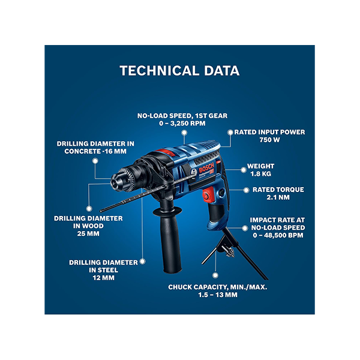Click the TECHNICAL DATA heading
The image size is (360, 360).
point(179,70)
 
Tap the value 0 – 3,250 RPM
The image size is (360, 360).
point(182,123)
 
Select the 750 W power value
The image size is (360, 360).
point(269,140)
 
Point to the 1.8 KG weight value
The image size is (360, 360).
point(260,174)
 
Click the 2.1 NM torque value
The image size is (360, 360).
point(278,197)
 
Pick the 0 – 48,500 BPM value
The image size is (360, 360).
point(278,235)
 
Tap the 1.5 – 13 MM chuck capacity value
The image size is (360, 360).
point(218,295)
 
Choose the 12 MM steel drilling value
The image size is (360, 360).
point(104,278)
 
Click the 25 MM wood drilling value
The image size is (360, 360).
point(88,234)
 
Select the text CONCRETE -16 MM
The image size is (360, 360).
point(95,151)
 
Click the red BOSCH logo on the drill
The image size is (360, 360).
point(206,167)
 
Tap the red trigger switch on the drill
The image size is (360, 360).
point(208,194)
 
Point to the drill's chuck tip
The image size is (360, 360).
point(115,182)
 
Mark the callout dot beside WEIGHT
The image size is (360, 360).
point(244,170)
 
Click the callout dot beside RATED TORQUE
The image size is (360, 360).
point(246,190)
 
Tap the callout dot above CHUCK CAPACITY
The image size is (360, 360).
point(215,275)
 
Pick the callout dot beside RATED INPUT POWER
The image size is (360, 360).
point(230,133)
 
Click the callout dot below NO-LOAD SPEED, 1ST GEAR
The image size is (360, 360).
point(184,133)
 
